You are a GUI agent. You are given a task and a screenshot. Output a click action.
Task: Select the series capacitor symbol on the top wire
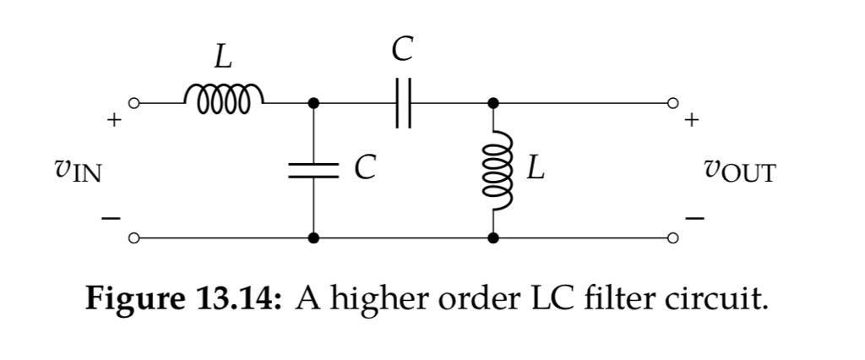403,103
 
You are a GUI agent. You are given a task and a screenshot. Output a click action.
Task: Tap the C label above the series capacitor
403,49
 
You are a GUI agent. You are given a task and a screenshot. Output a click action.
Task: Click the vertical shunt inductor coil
494,171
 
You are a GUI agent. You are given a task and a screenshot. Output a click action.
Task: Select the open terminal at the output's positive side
673,103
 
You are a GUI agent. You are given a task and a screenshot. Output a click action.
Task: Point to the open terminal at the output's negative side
673,239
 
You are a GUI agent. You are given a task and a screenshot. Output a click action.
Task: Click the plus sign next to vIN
111,122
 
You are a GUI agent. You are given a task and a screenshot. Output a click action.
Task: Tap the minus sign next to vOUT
694,220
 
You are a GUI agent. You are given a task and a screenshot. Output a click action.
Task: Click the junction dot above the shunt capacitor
314,103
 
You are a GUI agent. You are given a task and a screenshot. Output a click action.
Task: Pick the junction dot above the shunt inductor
494,103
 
